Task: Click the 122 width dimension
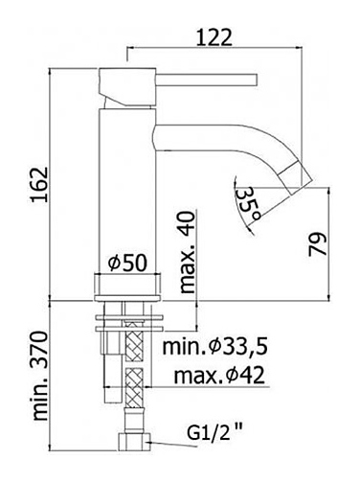click(214, 37)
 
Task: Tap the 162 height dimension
click(39, 184)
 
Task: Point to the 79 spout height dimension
click(318, 244)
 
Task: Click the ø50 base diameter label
click(127, 263)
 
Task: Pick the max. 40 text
click(188, 252)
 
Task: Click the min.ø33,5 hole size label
click(214, 348)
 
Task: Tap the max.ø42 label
click(219, 375)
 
